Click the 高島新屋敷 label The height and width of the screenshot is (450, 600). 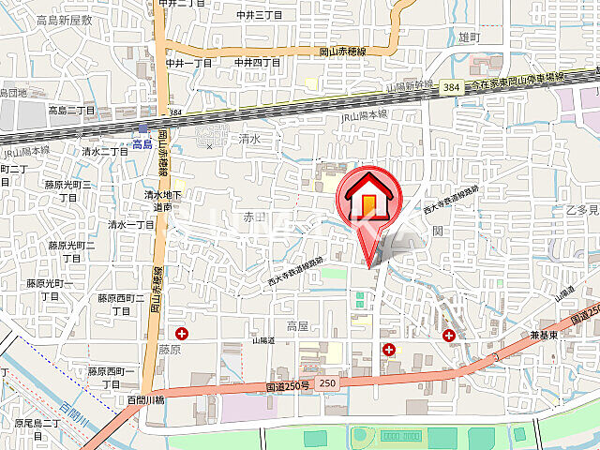pyautogui.click(x=64, y=20)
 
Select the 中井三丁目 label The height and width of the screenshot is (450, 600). pyautogui.click(x=259, y=15)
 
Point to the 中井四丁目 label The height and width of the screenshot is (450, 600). pyautogui.click(x=259, y=63)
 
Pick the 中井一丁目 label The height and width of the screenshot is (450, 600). pyautogui.click(x=189, y=63)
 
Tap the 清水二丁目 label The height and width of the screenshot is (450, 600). pyautogui.click(x=105, y=152)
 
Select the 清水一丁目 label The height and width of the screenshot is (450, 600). pyautogui.click(x=131, y=225)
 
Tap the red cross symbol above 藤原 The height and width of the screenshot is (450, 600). pyautogui.click(x=181, y=333)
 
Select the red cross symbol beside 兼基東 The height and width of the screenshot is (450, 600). pyautogui.click(x=450, y=335)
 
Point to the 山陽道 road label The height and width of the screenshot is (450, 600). pyautogui.click(x=263, y=342)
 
